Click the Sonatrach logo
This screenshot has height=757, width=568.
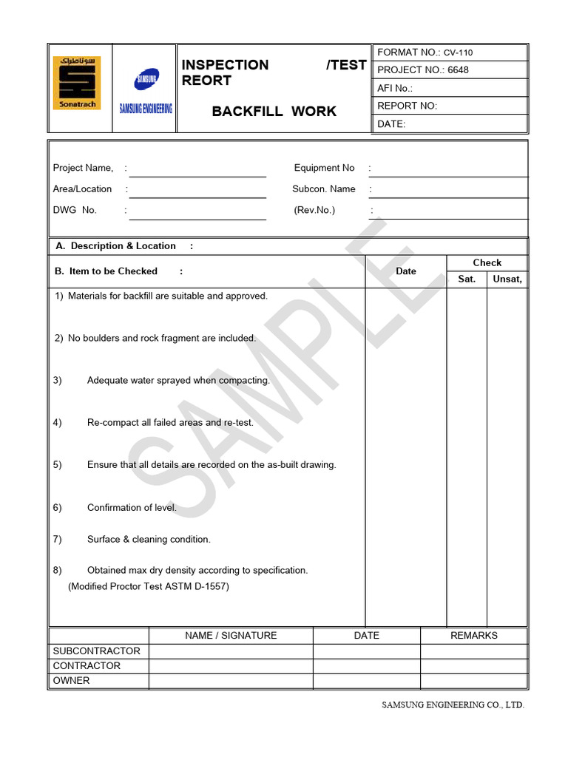(77, 83)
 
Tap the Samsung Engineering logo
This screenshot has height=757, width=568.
(146, 91)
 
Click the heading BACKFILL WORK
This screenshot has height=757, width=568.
(274, 112)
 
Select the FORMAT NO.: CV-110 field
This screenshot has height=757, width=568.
(425, 52)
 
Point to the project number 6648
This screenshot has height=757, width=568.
(458, 70)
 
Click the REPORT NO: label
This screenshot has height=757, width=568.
(407, 106)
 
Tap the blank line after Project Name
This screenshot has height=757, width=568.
(197, 170)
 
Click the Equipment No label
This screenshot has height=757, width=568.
(324, 168)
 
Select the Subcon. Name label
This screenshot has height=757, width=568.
(323, 189)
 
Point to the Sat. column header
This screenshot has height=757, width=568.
(467, 279)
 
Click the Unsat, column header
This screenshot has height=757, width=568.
(507, 279)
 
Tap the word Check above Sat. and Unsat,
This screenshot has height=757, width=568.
(487, 262)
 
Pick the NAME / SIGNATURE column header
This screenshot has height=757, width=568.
(231, 635)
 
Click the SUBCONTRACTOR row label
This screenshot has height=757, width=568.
(96, 651)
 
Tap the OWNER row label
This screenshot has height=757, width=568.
(71, 681)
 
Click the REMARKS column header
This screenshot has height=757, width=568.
(473, 635)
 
